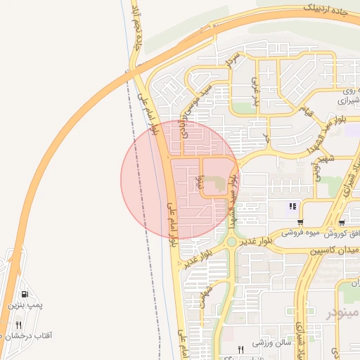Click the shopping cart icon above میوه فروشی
tap(301, 222)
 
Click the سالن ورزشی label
tap(272, 342)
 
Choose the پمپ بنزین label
tap(25, 306)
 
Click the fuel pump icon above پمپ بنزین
tap(25, 295)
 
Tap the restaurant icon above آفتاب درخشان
tap(19, 325)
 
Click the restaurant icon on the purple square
tap(291, 206)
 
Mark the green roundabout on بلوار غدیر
tap(231, 242)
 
